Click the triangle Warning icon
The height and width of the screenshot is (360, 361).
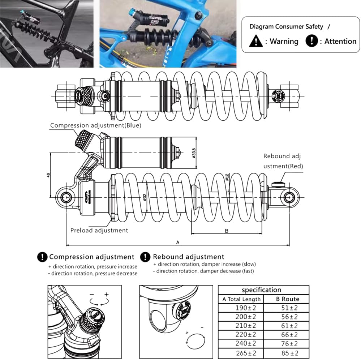coord(256,41)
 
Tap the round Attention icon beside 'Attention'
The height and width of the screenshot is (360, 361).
coord(311,41)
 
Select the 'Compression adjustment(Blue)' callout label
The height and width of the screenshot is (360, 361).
coord(95,125)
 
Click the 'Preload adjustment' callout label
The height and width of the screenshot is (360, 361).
coord(99,230)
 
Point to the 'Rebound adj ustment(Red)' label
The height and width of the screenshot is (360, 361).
coord(283,161)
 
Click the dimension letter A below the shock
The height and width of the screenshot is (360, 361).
coord(177,243)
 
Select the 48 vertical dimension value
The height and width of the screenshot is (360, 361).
coord(48,175)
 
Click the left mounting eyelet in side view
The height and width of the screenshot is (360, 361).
coord(66,197)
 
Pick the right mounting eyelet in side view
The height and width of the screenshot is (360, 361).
coord(288,197)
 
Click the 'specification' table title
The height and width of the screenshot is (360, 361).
coord(261,290)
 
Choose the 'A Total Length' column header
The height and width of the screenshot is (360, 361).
coord(241,299)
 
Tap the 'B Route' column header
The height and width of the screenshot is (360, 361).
coord(287,299)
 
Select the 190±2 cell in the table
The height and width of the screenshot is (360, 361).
coord(241,308)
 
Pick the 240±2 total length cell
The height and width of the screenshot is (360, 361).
coord(241,344)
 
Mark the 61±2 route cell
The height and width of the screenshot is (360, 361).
coord(287,326)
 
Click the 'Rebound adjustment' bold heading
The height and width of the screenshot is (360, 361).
coord(188,257)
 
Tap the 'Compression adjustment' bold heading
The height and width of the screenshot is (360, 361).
coord(92,257)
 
